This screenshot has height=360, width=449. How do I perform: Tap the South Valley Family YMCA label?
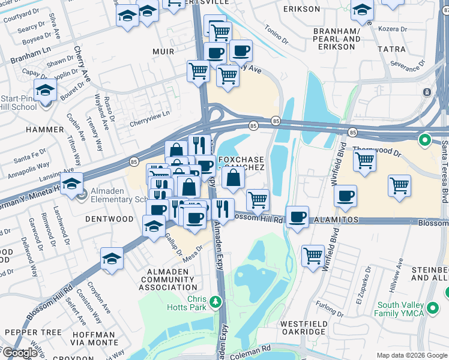click(399, 308)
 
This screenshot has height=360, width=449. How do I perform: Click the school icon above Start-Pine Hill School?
click(45, 90)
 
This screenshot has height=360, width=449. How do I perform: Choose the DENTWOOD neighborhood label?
click(109, 219)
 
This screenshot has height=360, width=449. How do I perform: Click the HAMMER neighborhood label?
click(44, 129)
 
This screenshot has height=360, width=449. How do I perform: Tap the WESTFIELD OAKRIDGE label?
click(304, 328)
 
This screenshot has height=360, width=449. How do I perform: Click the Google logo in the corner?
click(20, 353)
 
